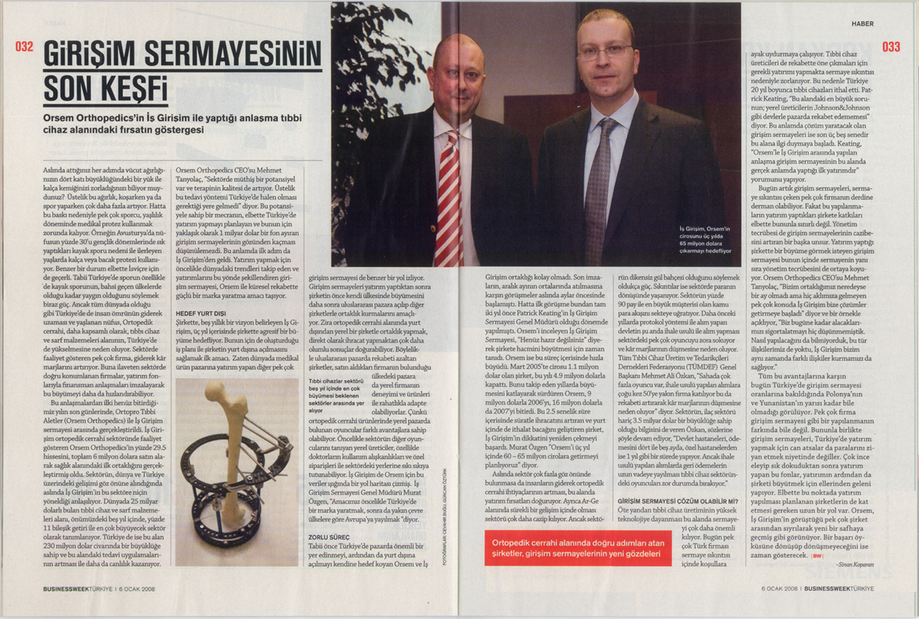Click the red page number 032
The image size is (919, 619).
[x=24, y=47]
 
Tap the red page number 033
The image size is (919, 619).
[x=891, y=47]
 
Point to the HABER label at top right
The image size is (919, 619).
[x=862, y=24]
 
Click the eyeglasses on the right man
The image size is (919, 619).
[x=604, y=51]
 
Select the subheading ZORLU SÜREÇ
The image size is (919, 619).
[x=329, y=538]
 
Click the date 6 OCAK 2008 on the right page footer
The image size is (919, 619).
[x=780, y=589]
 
